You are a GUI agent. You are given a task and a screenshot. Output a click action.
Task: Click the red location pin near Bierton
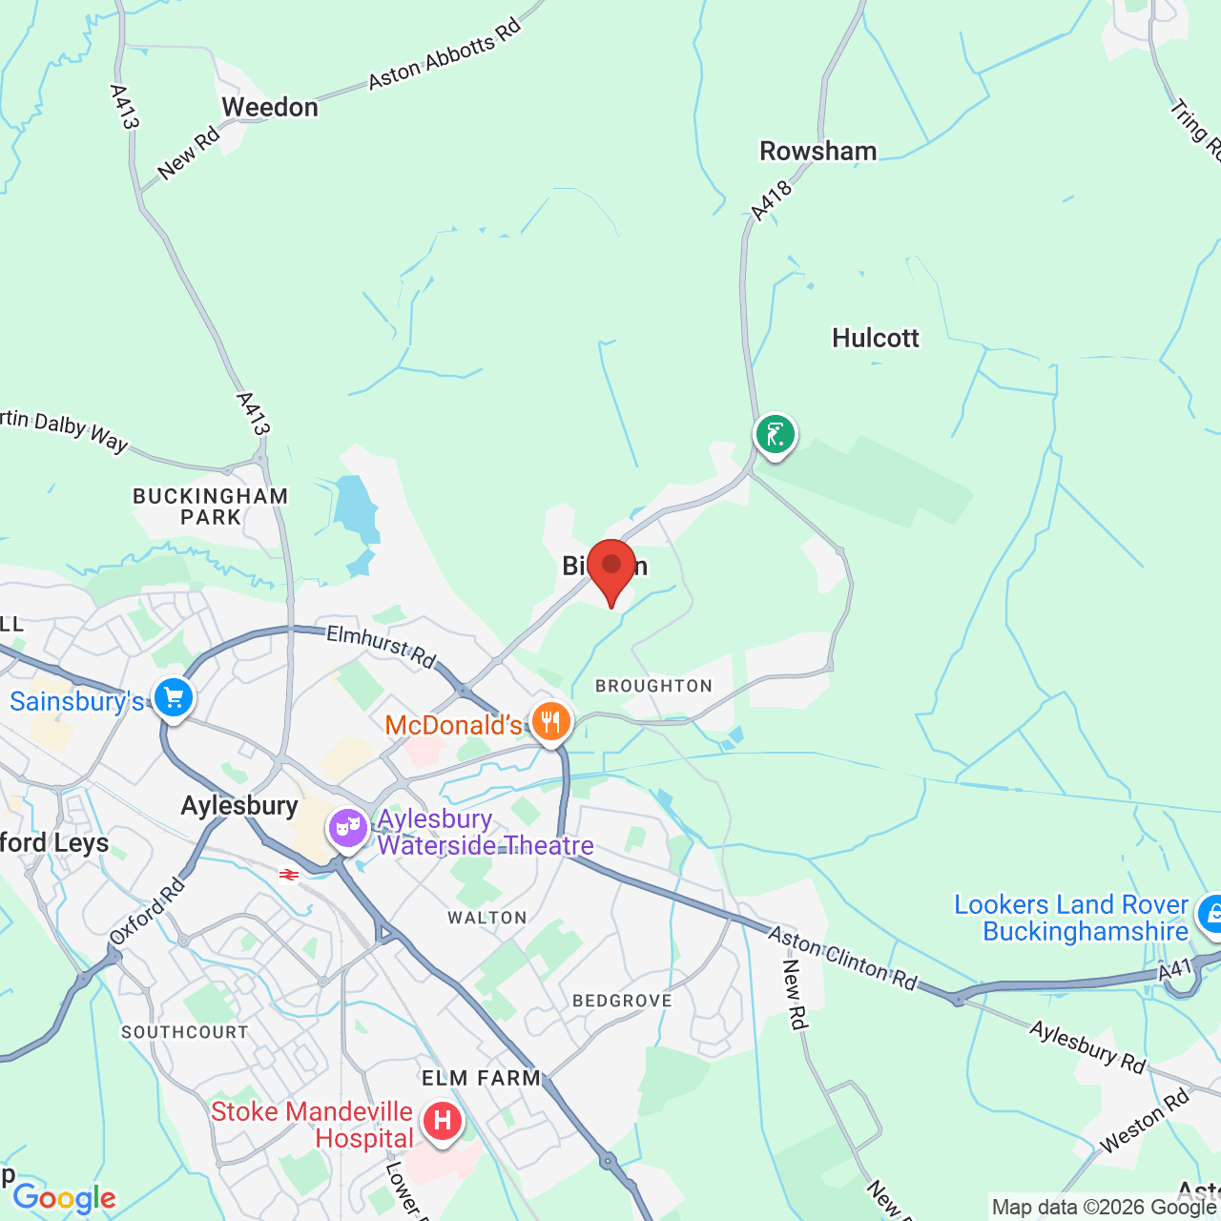pos(610,569)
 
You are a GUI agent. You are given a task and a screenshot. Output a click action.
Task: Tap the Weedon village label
pos(270,108)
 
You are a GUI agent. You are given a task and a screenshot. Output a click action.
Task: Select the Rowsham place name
pos(817,152)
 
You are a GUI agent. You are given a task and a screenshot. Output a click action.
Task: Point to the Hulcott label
pos(875,339)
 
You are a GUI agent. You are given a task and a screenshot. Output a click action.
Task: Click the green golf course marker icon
pos(775,435)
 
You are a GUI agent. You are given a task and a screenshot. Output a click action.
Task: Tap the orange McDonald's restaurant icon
pos(550,722)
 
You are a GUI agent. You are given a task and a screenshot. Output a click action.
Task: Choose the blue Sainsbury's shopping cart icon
pos(173,699)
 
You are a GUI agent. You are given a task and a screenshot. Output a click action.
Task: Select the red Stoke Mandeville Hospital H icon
pos(442,1120)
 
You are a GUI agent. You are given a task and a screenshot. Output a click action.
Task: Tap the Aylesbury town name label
pos(239,806)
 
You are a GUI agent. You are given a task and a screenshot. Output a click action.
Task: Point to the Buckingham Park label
pos(210,507)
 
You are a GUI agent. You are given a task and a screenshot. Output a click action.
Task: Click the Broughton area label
pos(653,686)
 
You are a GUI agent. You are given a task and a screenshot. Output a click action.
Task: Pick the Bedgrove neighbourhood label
pos(622,1001)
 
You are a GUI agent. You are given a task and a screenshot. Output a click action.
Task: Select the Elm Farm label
pos(481,1078)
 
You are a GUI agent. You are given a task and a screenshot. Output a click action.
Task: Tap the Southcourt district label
pos(184,1032)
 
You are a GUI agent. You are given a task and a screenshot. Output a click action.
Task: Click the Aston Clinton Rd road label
pos(842,958)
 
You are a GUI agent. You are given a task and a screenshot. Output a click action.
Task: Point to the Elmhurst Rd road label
pos(381,646)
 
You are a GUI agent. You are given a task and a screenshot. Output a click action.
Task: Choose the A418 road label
pos(771,201)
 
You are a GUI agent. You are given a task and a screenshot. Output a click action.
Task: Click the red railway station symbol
pos(289,875)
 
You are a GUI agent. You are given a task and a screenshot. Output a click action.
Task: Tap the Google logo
pos(64,1198)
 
